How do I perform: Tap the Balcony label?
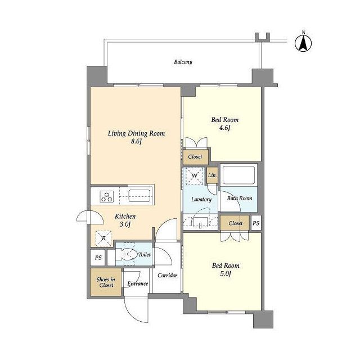183,62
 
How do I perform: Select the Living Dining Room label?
136,133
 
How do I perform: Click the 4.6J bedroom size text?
224,128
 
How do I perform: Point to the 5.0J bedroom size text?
225,274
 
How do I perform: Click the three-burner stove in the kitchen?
107,196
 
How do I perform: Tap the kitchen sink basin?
139,196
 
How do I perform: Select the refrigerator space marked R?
103,238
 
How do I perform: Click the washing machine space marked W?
194,175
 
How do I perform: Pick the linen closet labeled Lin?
212,175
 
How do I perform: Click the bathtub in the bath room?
238,175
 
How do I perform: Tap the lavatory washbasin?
200,223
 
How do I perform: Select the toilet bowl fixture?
125,254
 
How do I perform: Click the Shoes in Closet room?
106,282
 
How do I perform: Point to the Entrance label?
137,283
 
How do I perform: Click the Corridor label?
168,275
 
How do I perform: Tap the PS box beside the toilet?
98,258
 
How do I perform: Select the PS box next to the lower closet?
256,223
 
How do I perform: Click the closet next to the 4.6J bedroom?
196,157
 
